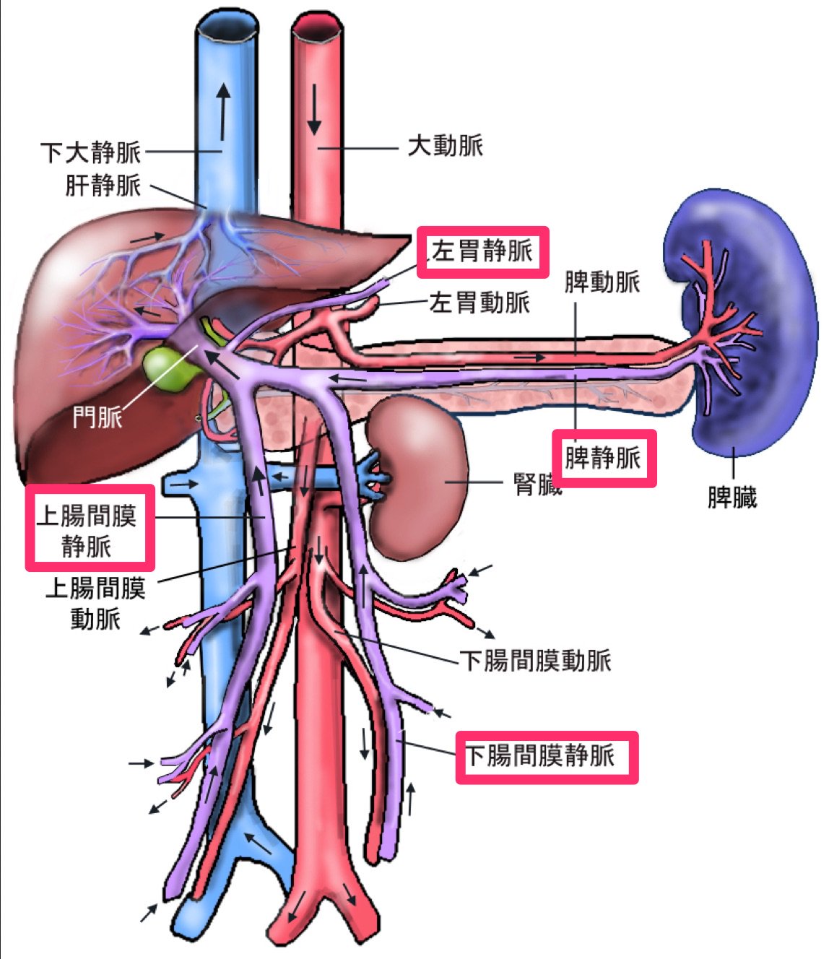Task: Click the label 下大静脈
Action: pos(91,153)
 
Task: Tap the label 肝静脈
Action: pos(103,186)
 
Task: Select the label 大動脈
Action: pos(445,147)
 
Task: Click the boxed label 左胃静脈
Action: pos(482,251)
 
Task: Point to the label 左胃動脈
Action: pos(479,302)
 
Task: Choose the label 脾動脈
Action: pos(602,282)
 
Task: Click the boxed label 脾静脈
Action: pos(603,458)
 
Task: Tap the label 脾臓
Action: pos(732,497)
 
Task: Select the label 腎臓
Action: pos(537,485)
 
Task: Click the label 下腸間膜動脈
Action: pos(536,660)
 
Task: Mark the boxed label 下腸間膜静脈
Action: pos(540,756)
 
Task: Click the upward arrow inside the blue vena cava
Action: pos(224,112)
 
